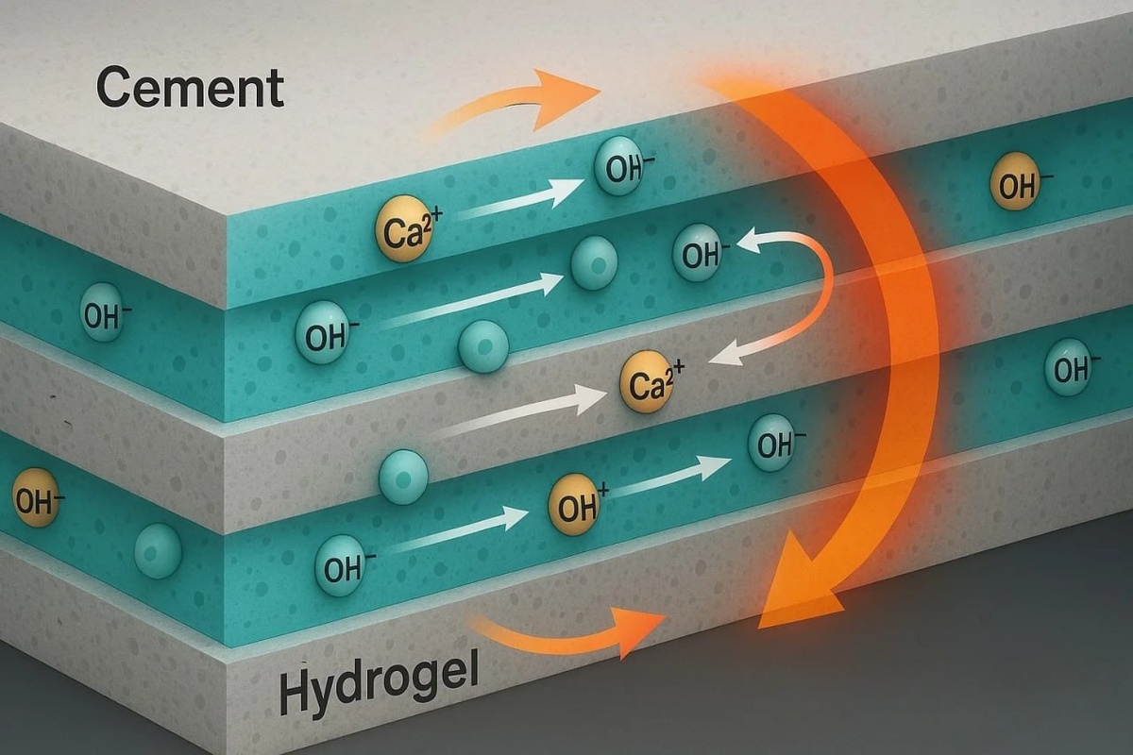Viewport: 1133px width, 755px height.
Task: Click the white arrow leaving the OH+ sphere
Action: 670,476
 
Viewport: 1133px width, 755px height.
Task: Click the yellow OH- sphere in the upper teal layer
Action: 1015,185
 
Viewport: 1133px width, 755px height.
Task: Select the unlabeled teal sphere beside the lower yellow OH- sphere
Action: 158,551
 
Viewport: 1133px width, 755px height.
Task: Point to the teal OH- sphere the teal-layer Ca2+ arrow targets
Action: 619,170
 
